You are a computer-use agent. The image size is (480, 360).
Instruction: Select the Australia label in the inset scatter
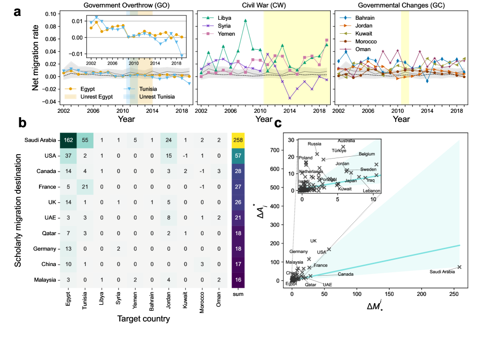click(346, 141)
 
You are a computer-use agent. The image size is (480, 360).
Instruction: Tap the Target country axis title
click(144, 319)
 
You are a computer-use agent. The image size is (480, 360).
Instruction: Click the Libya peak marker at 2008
click(246, 21)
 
